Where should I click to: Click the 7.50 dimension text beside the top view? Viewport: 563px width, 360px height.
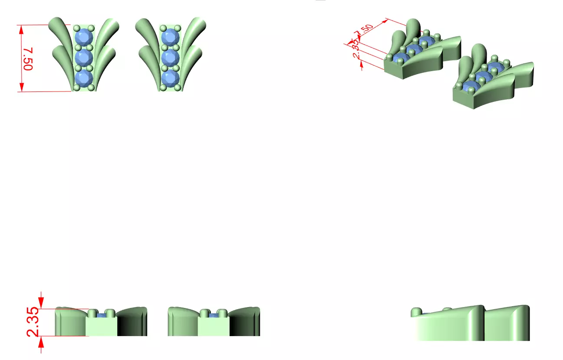[x=28, y=59]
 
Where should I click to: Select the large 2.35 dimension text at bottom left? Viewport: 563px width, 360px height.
[x=33, y=322]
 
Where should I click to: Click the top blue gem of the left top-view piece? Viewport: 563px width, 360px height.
[x=84, y=37]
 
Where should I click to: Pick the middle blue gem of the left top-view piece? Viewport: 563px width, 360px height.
[x=84, y=58]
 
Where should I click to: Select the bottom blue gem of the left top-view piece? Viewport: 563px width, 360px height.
[x=84, y=79]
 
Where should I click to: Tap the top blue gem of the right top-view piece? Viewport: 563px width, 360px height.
[x=171, y=37]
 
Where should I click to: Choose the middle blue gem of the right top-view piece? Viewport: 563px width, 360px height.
[x=171, y=58]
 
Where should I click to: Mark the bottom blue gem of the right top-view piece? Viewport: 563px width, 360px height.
[x=171, y=79]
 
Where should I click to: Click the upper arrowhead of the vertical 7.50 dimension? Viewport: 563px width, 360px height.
[x=21, y=29]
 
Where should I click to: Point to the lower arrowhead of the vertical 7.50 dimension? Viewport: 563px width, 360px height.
[x=21, y=87]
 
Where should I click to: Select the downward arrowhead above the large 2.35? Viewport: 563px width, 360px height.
[x=41, y=303]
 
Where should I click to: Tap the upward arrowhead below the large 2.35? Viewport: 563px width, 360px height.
[x=41, y=342]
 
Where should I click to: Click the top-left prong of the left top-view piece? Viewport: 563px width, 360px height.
[x=77, y=28]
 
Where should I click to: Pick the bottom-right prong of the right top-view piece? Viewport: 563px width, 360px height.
[x=178, y=88]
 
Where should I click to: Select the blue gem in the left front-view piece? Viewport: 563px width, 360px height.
[x=101, y=315]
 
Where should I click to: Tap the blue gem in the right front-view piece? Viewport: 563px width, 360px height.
[x=214, y=315]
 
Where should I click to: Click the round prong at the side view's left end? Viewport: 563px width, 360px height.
[x=416, y=312]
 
